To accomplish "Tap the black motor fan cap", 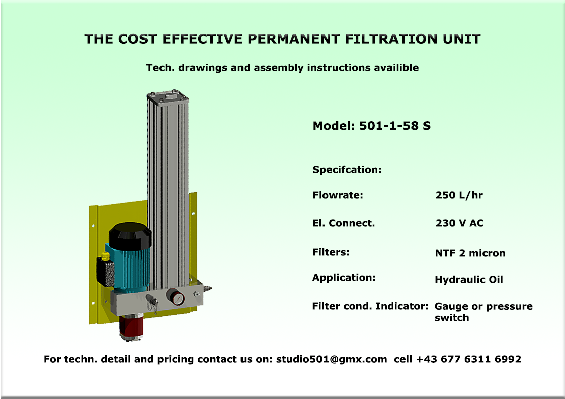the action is click(x=130, y=236).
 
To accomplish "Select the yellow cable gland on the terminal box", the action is click(x=105, y=256).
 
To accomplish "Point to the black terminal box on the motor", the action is click(x=105, y=272).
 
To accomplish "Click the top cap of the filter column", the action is click(x=168, y=96).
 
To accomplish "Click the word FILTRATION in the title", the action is click(x=391, y=39).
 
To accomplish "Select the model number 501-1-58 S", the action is click(x=395, y=126).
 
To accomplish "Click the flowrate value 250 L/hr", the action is click(x=459, y=195).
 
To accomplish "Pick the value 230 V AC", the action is click(x=459, y=223).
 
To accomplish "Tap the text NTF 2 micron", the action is click(x=470, y=253).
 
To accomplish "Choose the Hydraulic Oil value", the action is click(x=469, y=280).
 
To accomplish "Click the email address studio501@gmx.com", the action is click(x=332, y=359).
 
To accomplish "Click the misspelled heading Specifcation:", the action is click(x=347, y=170).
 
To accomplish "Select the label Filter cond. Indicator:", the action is click(x=370, y=306).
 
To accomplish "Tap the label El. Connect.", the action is click(x=344, y=223).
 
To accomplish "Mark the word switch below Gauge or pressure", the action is click(x=452, y=317).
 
